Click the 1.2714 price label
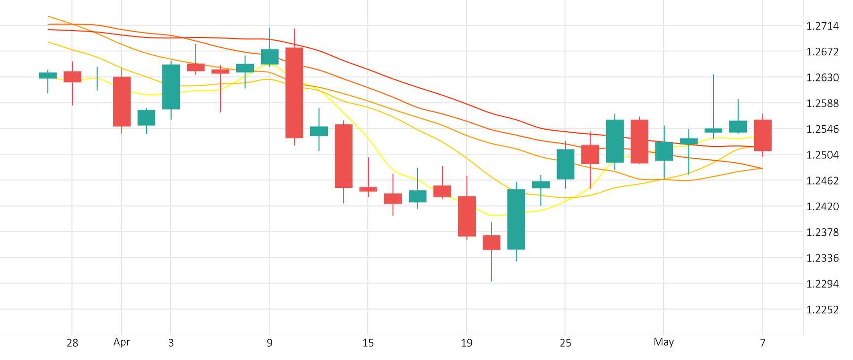[x=822, y=26]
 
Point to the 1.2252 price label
[x=822, y=310]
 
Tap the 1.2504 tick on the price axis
[x=822, y=155]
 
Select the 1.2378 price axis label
[x=822, y=232]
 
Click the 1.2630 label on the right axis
[x=822, y=77]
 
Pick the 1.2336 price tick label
[x=822, y=258]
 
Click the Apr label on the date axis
[x=122, y=342]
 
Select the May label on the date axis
[x=664, y=342]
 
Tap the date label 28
[x=72, y=343]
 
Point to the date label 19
[x=466, y=343]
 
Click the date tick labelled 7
[x=763, y=343]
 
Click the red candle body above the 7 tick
[x=763, y=135]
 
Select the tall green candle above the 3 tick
[x=171, y=87]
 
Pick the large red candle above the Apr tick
[x=122, y=102]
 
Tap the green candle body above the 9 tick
[x=270, y=57]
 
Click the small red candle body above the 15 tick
[x=368, y=189]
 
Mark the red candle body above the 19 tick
[x=467, y=216]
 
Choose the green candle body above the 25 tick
[x=566, y=164]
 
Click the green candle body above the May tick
[x=664, y=151]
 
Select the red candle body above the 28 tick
[x=72, y=76]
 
